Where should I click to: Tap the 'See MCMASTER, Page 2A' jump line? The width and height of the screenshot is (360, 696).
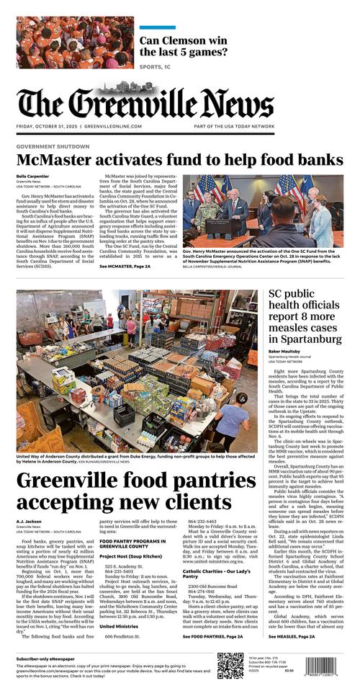(x=125, y=267)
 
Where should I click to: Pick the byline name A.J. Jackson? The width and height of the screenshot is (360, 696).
(x=30, y=521)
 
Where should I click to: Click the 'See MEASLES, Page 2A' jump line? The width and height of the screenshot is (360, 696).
(x=292, y=637)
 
